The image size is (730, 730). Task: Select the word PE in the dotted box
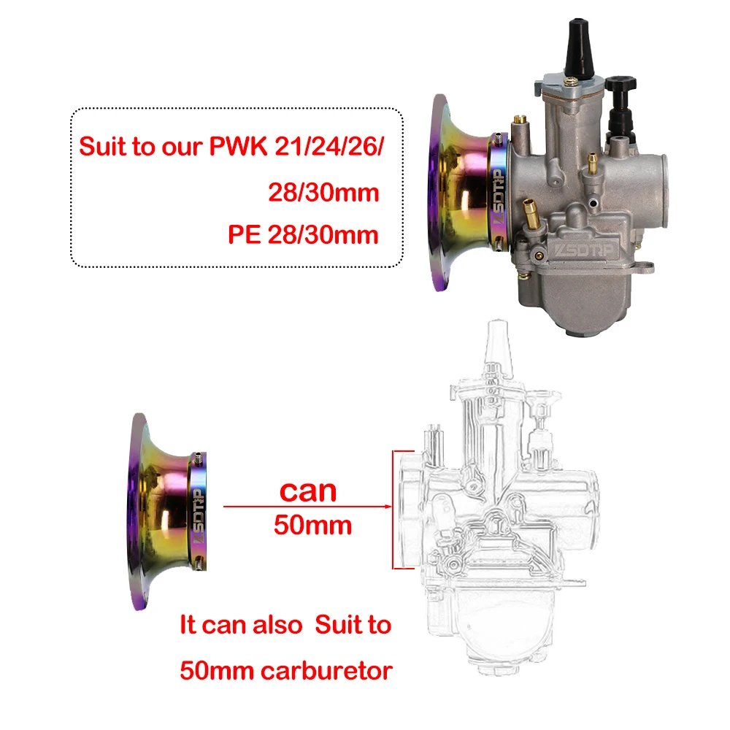point(245,235)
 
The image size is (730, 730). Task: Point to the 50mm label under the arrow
point(312,524)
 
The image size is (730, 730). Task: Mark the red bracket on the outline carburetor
point(394,509)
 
